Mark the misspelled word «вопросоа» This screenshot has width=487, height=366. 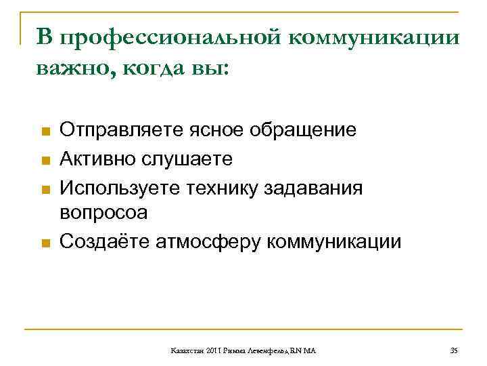click(x=103, y=213)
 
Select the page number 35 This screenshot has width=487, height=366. click(x=453, y=350)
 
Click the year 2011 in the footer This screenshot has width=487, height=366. click(x=207, y=350)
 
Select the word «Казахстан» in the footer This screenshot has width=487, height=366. click(x=185, y=350)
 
